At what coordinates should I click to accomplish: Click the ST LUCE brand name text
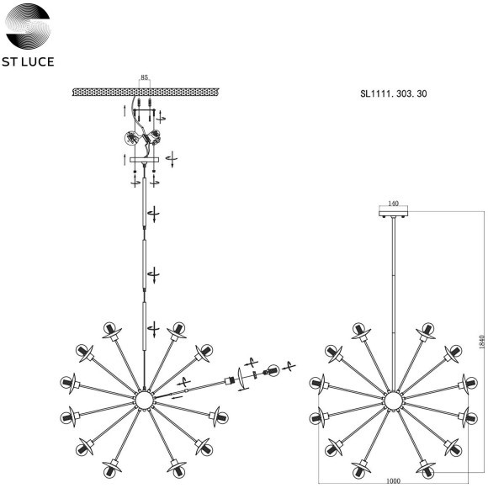[x=28, y=61]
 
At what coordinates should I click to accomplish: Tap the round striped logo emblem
[x=28, y=26]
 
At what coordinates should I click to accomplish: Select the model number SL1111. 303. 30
[x=394, y=93]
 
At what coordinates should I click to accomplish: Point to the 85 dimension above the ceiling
[x=144, y=77]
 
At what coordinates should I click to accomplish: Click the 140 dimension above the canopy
[x=394, y=204]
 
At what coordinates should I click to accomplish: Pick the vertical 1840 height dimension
[x=482, y=342]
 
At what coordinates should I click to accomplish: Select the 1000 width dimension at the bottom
[x=393, y=481]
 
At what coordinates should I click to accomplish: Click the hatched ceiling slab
[x=146, y=92]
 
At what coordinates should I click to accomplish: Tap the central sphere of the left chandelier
[x=144, y=400]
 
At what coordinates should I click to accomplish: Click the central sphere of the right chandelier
[x=393, y=400]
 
